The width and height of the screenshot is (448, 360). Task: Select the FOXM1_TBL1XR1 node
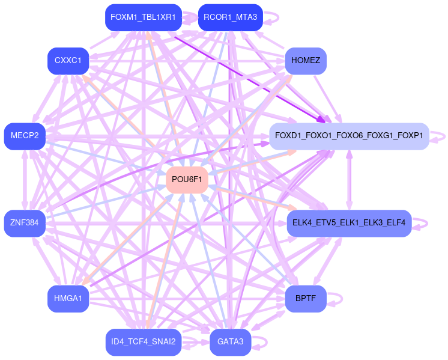pyautogui.click(x=143, y=17)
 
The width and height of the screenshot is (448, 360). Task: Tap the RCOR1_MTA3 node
pyautogui.click(x=230, y=17)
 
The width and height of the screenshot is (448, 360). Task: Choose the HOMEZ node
pyautogui.click(x=306, y=61)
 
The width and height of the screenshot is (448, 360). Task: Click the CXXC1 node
pyautogui.click(x=68, y=61)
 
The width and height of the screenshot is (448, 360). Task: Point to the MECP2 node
pyautogui.click(x=25, y=136)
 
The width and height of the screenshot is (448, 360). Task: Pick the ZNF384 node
pyautogui.click(x=25, y=223)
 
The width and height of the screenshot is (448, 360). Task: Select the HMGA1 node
pyautogui.click(x=68, y=299)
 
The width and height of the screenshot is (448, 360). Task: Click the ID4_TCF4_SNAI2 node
pyautogui.click(x=143, y=342)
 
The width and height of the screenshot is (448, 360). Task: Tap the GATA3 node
pyautogui.click(x=230, y=342)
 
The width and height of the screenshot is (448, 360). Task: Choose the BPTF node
pyautogui.click(x=306, y=299)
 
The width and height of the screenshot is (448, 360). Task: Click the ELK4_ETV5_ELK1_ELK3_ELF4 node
pyautogui.click(x=348, y=223)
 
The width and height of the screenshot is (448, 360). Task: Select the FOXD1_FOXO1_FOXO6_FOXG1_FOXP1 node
pyautogui.click(x=348, y=136)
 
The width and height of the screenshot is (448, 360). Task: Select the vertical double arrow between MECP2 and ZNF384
pyautogui.click(x=25, y=180)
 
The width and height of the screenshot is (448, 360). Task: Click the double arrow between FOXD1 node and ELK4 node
pyautogui.click(x=349, y=180)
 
